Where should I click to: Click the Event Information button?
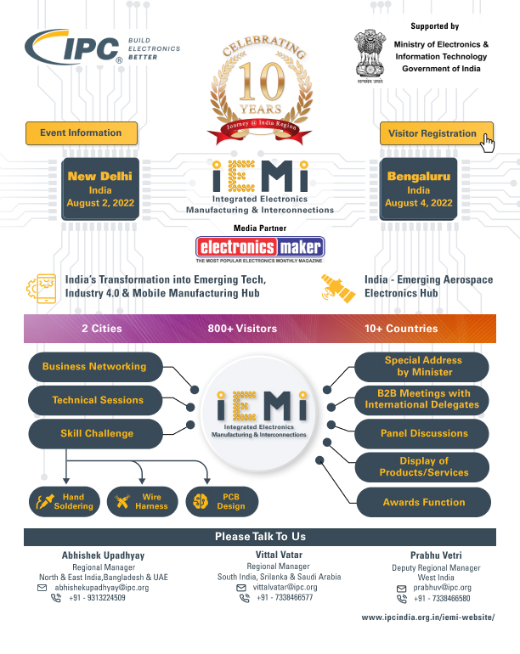(81, 132)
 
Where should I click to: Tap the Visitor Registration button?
(432, 133)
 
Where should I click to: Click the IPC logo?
(76, 49)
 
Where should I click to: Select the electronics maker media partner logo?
(260, 247)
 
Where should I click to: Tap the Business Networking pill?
(93, 367)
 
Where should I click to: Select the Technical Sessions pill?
(93, 400)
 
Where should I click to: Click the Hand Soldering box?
(65, 501)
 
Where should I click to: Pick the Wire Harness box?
(142, 501)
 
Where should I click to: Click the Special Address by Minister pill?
(422, 367)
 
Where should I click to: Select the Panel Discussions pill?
(422, 433)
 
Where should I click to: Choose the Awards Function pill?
(422, 502)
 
